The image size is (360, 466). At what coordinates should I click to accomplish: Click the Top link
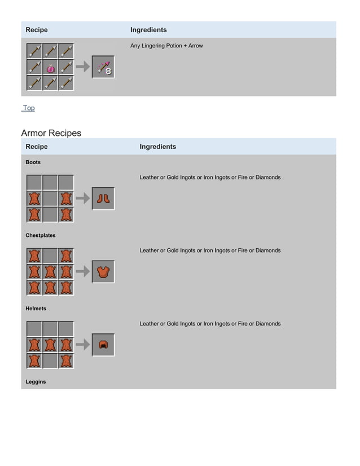pos(28,108)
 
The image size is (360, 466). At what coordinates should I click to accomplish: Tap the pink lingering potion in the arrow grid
pos(50,68)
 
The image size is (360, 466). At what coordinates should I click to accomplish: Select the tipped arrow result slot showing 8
pos(103,67)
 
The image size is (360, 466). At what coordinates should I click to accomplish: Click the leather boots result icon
pos(103,199)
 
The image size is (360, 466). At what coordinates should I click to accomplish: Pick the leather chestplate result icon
pos(103,272)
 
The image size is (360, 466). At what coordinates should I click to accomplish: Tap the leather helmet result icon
pos(103,345)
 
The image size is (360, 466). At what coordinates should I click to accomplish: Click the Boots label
pos(33,162)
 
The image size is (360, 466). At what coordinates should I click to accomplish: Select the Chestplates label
pos(41,235)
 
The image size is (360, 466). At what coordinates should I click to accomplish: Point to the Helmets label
pos(36,309)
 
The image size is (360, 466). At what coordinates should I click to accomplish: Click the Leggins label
pos(36,382)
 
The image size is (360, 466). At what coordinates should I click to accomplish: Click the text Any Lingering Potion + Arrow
pos(166,46)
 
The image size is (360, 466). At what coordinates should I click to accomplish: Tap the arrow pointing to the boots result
pos(83,199)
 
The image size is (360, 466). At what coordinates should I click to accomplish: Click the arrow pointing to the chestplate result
pos(83,272)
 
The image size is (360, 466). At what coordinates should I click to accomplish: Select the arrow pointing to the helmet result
pos(83,345)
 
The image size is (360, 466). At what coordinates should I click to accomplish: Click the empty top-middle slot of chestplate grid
pos(50,256)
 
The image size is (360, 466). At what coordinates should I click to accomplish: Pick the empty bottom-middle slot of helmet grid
pos(50,361)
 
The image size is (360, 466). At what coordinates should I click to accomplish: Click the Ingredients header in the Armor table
pos(157,147)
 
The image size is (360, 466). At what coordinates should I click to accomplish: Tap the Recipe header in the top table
pos(37,30)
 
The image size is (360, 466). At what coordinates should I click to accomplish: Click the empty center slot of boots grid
pos(50,199)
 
